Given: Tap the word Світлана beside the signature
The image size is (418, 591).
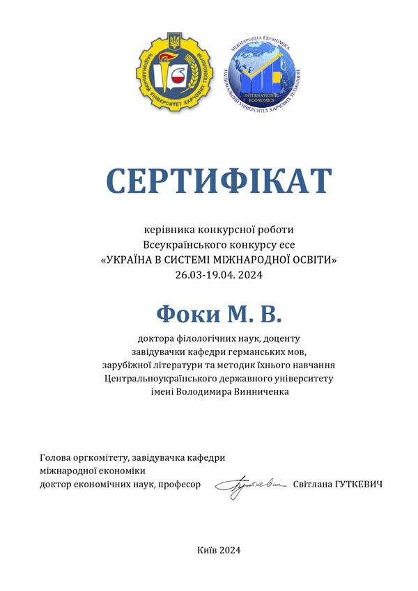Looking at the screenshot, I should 311,484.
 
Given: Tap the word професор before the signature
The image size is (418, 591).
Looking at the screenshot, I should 180,484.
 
